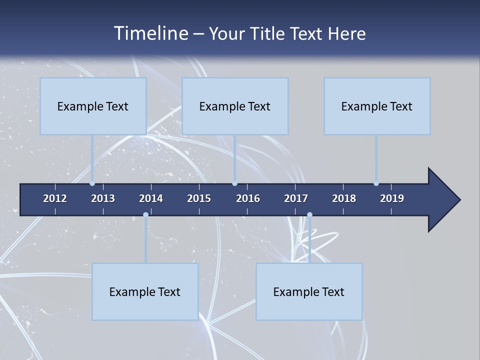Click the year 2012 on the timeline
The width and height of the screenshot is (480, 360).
(x=55, y=198)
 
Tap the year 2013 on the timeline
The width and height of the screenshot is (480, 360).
(x=103, y=198)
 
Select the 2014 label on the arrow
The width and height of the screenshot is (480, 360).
(x=151, y=198)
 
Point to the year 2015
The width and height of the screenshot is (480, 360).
(x=199, y=198)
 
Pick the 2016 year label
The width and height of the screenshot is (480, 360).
(x=248, y=198)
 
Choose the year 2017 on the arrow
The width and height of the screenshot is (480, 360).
(x=296, y=198)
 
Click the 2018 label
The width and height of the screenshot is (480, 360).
(x=344, y=198)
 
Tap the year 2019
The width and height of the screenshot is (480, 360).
(x=392, y=198)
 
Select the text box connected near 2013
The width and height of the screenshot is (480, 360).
(x=93, y=106)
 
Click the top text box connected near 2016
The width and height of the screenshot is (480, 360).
(x=235, y=106)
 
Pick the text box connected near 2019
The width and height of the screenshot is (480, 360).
(x=377, y=106)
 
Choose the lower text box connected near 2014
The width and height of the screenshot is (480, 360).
(x=145, y=291)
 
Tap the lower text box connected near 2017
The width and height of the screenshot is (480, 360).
(x=309, y=291)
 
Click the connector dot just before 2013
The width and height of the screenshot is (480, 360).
(x=92, y=183)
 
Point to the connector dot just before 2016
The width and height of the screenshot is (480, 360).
(x=234, y=183)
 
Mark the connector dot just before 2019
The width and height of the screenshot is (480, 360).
(x=376, y=183)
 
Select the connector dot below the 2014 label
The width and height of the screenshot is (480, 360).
(x=145, y=215)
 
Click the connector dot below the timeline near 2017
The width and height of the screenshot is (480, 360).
(x=309, y=215)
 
